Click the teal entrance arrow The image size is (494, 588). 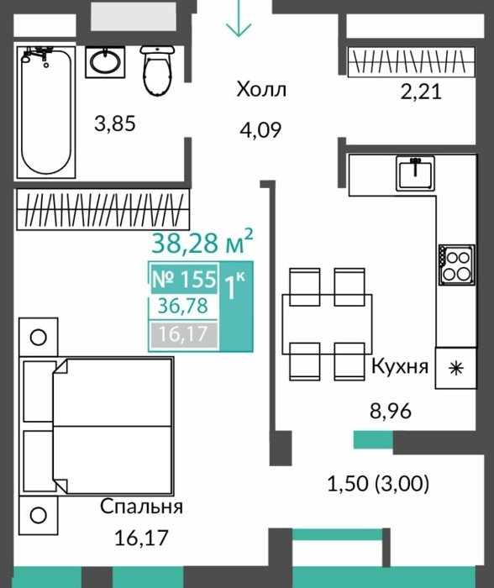pos(239,18)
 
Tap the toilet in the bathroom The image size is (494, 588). pos(158,70)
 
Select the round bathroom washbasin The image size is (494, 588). pos(105,62)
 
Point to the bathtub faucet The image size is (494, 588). pos(36,55)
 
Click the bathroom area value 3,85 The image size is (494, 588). pos(115,123)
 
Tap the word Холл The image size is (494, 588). pos(261,90)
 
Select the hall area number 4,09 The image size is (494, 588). pos(260,130)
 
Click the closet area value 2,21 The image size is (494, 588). pos(421,92)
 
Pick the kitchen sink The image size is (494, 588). pos(415,173)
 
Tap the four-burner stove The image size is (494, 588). pos(456,264)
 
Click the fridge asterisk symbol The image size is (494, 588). pos(456,368)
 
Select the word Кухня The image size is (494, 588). pos(399,366)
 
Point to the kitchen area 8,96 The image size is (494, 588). pos(391,411)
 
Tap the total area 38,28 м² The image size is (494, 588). pos(202,242)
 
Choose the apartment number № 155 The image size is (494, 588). pos(184,279)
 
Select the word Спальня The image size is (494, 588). pos(141,507)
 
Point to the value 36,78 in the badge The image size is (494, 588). pos(182,306)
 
